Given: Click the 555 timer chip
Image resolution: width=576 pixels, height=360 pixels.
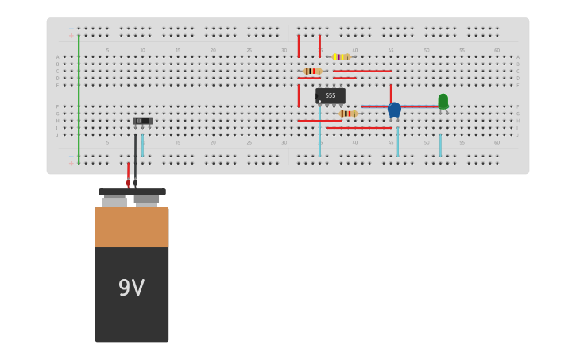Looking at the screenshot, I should tap(331, 95).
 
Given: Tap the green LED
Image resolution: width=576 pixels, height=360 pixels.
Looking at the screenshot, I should tap(443, 101).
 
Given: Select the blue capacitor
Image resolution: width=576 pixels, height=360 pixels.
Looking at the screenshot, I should tap(394, 110).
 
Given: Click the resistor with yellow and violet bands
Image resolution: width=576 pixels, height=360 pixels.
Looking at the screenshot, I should tap(341, 57).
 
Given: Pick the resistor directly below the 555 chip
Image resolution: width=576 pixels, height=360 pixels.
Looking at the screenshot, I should tap(347, 114).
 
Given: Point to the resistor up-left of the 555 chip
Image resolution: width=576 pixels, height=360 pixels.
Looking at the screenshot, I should tap(312, 72).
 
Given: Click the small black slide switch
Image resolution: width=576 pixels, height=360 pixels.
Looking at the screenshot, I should tap(142, 121).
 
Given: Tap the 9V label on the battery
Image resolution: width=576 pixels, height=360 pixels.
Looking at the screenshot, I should tap(131, 288).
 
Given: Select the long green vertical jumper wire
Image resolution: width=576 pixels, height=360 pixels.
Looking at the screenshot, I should tap(79, 95).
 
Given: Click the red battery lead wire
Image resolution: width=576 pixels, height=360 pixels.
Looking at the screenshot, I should tap(128, 173).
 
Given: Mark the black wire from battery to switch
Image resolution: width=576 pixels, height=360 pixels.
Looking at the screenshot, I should tap(136, 159).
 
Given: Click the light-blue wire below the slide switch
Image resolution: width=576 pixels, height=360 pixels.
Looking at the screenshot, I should tap(143, 145).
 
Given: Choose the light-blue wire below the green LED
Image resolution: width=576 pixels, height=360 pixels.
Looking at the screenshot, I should tap(440, 145).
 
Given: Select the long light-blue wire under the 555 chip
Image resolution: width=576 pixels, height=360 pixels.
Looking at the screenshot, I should tap(320, 131).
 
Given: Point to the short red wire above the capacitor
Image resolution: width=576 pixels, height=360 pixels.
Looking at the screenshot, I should tap(391, 92).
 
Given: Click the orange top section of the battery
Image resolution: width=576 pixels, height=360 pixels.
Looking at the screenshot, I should tap(132, 227).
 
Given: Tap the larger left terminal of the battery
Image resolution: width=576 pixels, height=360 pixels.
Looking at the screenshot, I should tap(114, 202).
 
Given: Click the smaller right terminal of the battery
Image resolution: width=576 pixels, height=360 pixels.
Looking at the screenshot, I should tap(146, 200).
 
